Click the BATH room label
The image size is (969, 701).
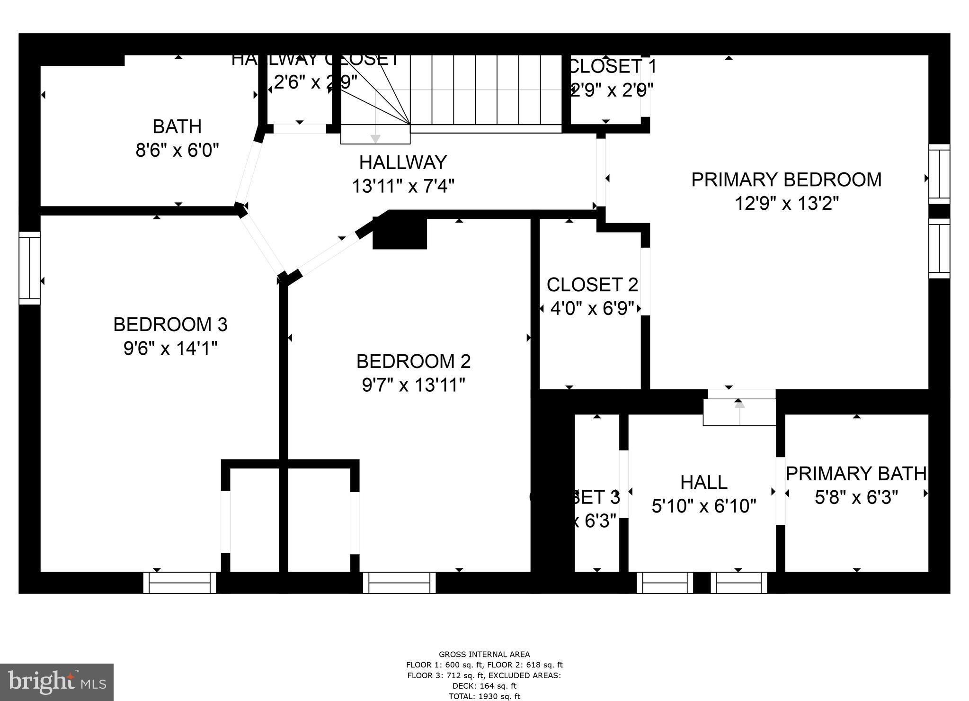click(x=177, y=127)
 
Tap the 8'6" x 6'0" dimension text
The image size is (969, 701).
click(x=177, y=151)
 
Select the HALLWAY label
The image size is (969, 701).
click(x=403, y=163)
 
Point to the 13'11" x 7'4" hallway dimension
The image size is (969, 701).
click(x=403, y=186)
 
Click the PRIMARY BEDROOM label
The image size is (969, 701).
click(x=786, y=180)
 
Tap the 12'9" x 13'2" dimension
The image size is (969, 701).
click(x=786, y=204)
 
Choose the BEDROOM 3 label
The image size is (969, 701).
click(x=170, y=325)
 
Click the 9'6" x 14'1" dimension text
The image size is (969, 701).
click(x=170, y=349)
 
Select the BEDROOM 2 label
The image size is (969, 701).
click(x=413, y=362)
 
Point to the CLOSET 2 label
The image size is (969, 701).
click(x=592, y=285)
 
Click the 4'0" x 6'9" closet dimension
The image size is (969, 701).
click(x=592, y=309)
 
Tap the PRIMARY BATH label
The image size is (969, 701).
click(x=856, y=474)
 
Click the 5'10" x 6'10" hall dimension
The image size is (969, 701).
click(x=703, y=506)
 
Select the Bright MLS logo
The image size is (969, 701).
click(x=57, y=682)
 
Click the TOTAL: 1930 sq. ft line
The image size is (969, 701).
click(x=484, y=696)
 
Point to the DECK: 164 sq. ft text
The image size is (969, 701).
click(x=484, y=686)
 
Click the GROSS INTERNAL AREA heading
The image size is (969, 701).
click(x=484, y=655)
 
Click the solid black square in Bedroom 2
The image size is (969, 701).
click(x=400, y=233)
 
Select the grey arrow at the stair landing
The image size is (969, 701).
click(x=375, y=138)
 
